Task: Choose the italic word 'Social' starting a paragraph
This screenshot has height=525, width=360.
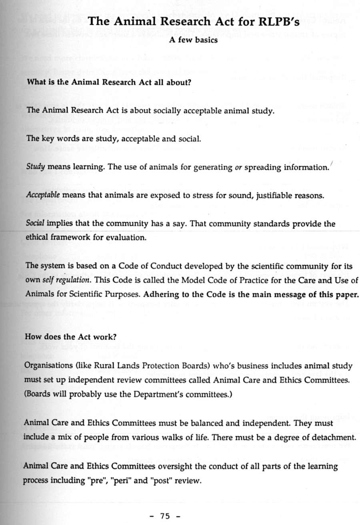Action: [34, 224]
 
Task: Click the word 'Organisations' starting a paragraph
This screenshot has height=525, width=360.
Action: [46, 365]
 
